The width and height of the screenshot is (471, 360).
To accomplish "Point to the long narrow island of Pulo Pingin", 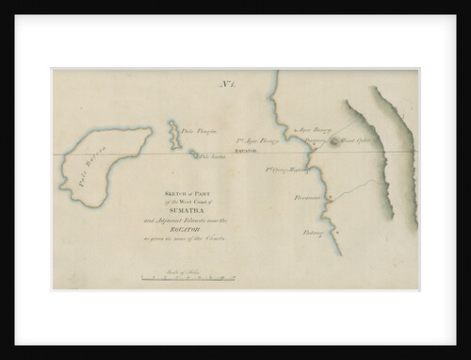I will [x=174, y=134].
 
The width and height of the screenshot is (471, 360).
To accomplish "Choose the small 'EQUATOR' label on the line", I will [x=248, y=150].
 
